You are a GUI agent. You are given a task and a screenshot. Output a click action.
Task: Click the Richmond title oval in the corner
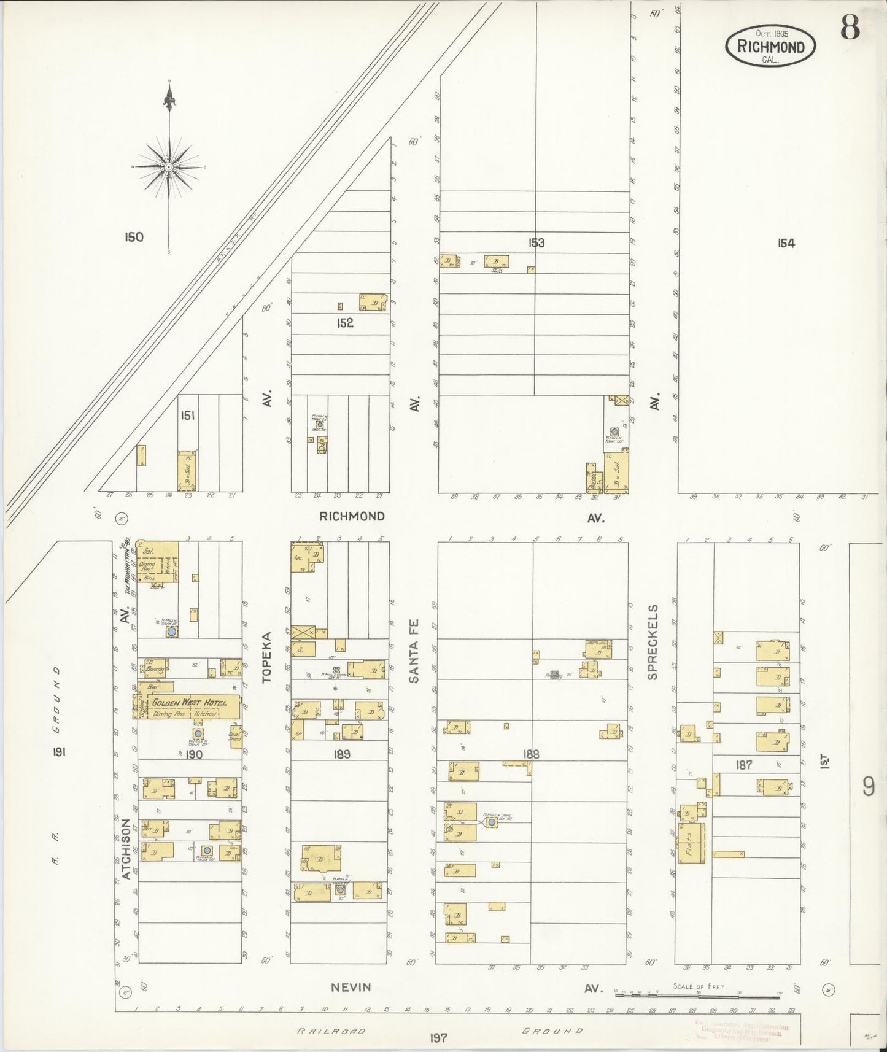(770, 46)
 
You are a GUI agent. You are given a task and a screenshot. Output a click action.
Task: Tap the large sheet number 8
(850, 26)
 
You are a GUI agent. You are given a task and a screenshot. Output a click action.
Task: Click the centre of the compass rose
(168, 167)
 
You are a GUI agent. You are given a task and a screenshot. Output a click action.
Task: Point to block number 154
(786, 243)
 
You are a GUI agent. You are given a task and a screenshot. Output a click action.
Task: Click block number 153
(536, 243)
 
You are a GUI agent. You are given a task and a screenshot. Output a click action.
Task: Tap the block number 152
(345, 323)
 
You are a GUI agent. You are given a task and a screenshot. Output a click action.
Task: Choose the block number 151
(187, 416)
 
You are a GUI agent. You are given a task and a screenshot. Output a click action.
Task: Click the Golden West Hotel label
(189, 702)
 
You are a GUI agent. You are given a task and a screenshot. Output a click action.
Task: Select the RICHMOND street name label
(352, 516)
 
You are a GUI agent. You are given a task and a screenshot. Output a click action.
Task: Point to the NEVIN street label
(351, 987)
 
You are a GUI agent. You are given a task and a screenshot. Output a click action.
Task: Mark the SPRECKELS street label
(653, 642)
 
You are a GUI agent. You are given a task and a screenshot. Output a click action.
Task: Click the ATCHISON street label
(126, 849)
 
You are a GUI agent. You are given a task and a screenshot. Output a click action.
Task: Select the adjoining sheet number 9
(868, 786)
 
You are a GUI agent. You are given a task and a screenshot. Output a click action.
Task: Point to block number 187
(744, 765)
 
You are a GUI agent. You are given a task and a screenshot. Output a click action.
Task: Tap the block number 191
(60, 752)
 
